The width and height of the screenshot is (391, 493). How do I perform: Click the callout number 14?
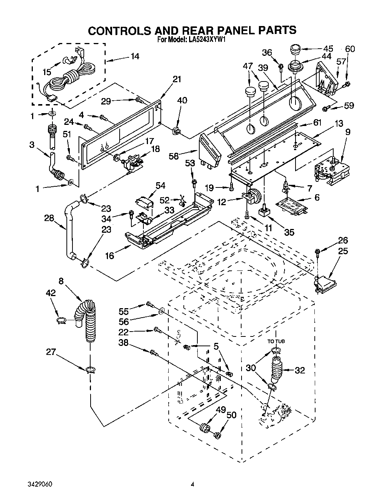135,57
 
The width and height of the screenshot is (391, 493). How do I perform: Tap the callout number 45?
328,48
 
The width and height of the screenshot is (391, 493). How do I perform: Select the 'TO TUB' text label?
276,341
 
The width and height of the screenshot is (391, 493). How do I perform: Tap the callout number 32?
299,370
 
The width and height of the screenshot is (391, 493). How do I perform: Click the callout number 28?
49,218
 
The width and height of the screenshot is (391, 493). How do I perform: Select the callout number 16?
109,256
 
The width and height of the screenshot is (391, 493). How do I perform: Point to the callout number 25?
343,251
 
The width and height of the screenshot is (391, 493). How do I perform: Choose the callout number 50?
231,415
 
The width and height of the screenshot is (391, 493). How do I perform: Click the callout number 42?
51,293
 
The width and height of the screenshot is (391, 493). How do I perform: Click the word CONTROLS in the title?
121,30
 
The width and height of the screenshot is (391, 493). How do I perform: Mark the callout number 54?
160,185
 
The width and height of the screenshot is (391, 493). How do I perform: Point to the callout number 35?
289,232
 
